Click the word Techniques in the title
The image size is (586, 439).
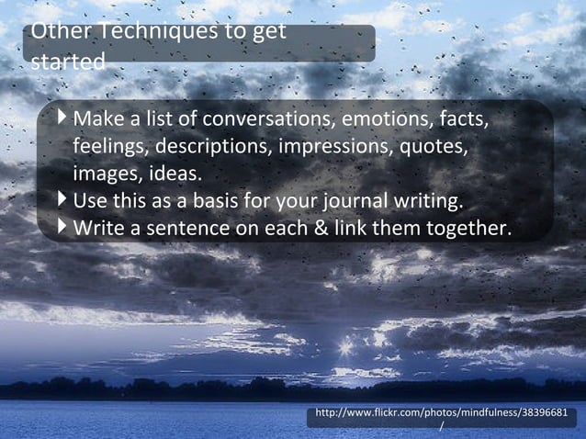click(x=157, y=32)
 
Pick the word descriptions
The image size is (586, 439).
click(x=210, y=147)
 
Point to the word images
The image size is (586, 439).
click(x=103, y=174)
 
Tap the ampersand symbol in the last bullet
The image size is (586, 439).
click(x=320, y=228)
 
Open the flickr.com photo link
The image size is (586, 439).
click(x=446, y=415)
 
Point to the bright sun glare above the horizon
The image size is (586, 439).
click(x=346, y=347)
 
